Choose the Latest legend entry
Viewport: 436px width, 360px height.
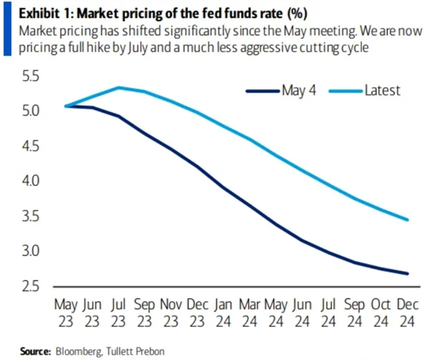382,90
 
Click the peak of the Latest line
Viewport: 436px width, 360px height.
119,87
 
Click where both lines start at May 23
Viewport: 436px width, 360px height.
67,106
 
